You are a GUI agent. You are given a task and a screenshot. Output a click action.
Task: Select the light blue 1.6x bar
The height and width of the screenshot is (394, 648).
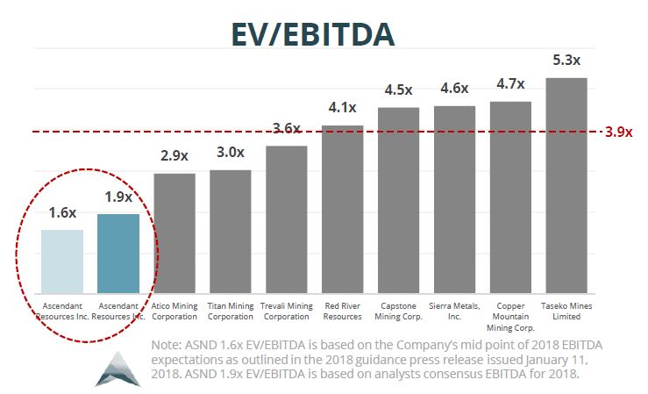point(62,261)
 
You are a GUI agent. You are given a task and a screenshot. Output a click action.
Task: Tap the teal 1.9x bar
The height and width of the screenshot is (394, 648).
point(118,253)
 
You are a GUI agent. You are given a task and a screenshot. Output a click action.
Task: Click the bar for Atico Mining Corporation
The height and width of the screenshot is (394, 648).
point(174,233)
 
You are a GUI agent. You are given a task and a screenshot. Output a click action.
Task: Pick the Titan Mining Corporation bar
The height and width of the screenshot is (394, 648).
point(231,231)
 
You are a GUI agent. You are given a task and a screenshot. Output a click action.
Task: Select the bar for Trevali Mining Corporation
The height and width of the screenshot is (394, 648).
point(287,218)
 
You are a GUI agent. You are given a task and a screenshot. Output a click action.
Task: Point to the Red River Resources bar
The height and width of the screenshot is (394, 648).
point(343,208)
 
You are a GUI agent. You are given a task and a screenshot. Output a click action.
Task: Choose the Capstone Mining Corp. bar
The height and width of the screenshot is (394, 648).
point(399,199)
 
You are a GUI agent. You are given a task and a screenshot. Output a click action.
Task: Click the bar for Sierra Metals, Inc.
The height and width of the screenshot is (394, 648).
point(454,198)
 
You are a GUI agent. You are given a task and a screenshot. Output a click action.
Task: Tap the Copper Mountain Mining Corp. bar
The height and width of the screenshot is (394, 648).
point(510,197)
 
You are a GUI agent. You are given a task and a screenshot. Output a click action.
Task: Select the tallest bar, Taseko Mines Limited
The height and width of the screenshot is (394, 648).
point(566,184)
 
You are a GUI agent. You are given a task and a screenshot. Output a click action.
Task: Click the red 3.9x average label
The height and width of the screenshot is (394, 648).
point(619,133)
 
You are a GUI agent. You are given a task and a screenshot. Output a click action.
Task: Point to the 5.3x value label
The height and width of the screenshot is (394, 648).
point(566,61)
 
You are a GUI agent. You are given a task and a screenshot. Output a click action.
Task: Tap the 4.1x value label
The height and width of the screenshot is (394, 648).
point(343,108)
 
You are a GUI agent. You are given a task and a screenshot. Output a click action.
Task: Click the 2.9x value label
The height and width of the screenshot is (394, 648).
point(174,156)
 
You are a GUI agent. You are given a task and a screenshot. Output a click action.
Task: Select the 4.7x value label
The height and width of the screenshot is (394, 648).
point(510,84)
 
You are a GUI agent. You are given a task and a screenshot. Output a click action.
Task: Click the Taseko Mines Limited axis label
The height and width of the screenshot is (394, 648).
point(566,311)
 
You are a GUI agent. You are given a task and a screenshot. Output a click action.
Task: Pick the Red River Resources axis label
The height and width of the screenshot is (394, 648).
point(343,311)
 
